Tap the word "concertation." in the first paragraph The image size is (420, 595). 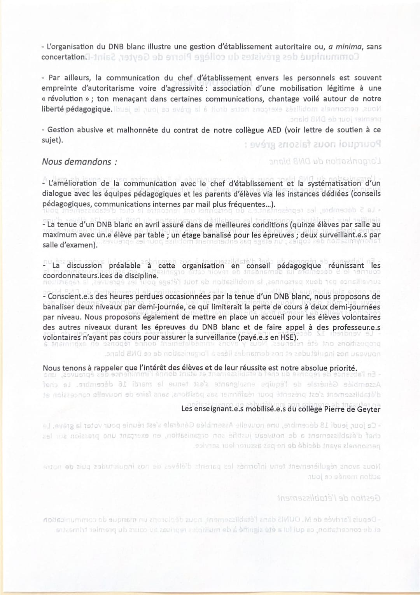[63, 57]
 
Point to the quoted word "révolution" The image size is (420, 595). [65, 99]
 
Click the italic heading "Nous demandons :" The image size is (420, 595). [79, 162]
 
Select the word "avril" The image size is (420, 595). [165, 225]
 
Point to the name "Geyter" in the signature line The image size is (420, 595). [367, 409]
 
